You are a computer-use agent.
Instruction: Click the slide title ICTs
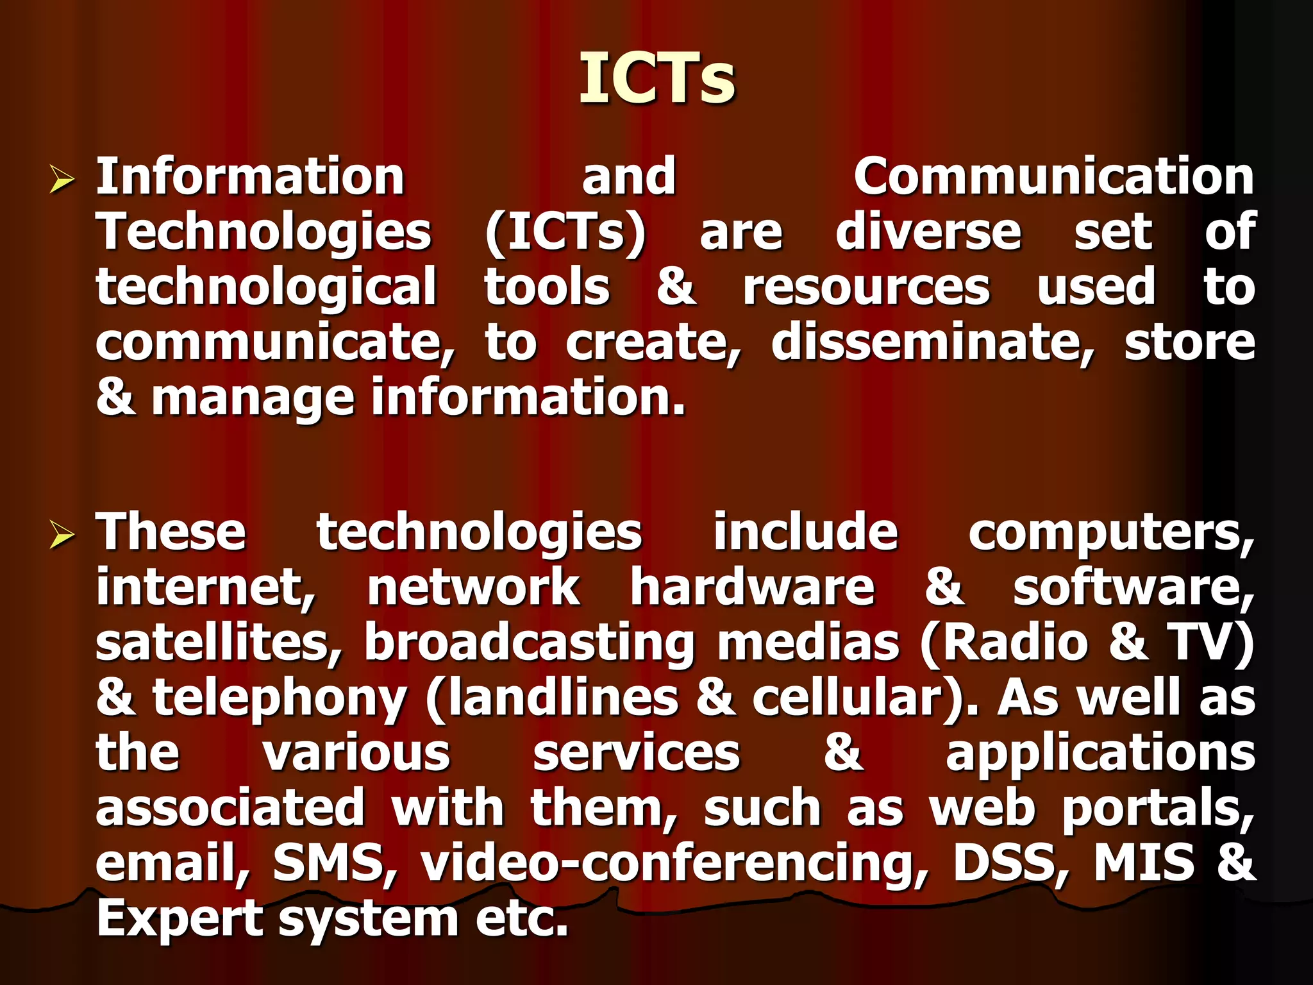click(x=657, y=78)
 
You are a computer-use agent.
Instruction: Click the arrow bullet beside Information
click(x=62, y=179)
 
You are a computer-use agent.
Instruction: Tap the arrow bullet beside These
click(x=62, y=534)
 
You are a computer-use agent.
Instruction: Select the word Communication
click(x=1053, y=176)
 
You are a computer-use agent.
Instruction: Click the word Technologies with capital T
click(x=263, y=232)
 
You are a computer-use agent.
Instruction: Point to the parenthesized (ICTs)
click(x=565, y=232)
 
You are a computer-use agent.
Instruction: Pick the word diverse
click(x=928, y=232)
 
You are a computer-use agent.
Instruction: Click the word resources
click(x=866, y=287)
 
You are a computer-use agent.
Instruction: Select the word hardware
click(x=752, y=587)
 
